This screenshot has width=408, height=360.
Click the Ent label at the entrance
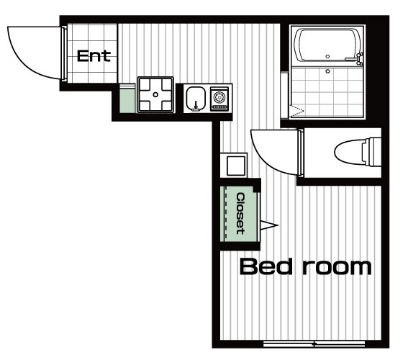(x=94, y=56)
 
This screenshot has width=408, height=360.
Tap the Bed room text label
(x=306, y=266)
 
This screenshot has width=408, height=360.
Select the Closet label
(x=240, y=213)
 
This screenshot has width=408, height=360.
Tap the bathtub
(x=327, y=45)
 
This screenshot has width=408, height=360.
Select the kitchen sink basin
(x=196, y=99)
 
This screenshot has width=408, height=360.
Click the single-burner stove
(x=219, y=98)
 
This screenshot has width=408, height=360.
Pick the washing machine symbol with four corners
(x=155, y=94)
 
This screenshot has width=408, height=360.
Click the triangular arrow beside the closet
(x=269, y=225)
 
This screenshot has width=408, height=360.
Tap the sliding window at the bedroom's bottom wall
(x=314, y=344)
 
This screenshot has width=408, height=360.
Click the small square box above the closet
(x=236, y=166)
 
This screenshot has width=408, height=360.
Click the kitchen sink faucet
(x=196, y=107)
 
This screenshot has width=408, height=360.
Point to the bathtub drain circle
(x=327, y=56)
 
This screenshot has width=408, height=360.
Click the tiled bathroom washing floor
(x=327, y=92)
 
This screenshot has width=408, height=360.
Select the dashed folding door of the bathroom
(x=296, y=112)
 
